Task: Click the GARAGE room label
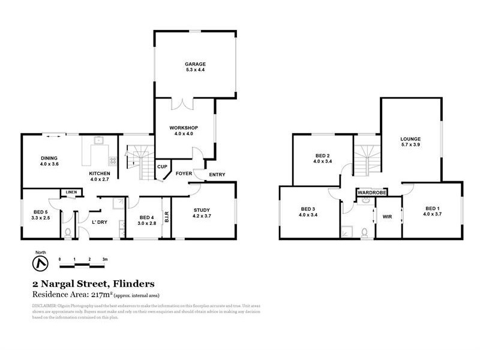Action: [x=196, y=64]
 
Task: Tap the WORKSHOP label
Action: [x=183, y=128]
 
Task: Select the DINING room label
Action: [x=49, y=158]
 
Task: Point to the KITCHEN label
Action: [x=100, y=173]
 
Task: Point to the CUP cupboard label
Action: [x=161, y=166]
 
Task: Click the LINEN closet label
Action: [x=71, y=192]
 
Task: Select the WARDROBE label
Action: [x=372, y=193]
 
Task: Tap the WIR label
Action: [x=387, y=217]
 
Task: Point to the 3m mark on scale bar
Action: [x=104, y=259]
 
